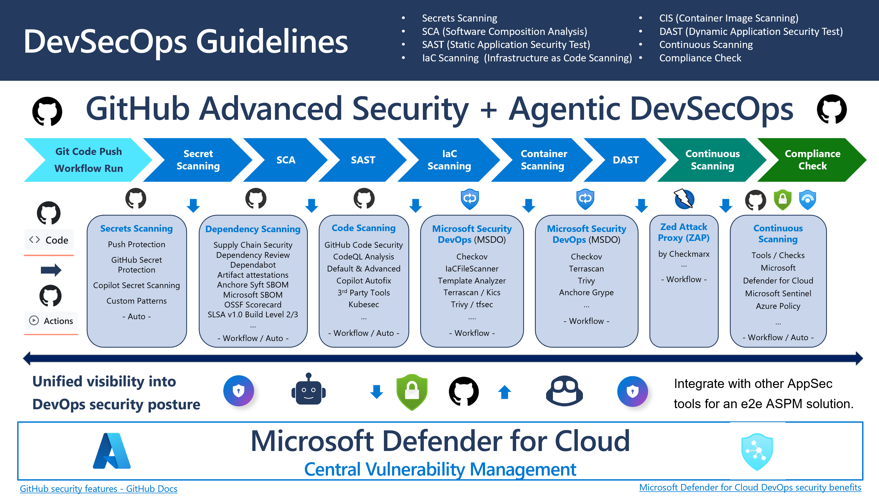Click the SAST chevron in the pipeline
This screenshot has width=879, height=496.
click(x=363, y=160)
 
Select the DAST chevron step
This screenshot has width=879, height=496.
click(x=625, y=160)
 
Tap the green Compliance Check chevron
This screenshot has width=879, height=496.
click(x=812, y=160)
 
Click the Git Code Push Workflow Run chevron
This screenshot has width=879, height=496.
click(x=88, y=160)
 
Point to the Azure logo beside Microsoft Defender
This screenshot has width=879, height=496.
click(x=112, y=451)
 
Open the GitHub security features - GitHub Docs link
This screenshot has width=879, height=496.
click(x=99, y=488)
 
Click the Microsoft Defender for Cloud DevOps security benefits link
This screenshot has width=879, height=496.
click(x=750, y=487)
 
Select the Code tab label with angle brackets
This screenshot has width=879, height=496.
click(x=49, y=240)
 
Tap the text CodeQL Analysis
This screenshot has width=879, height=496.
click(x=363, y=256)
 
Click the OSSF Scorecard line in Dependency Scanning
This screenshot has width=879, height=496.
click(x=252, y=304)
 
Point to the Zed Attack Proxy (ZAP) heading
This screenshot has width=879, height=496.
click(x=684, y=232)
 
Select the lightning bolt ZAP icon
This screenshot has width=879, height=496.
click(x=684, y=199)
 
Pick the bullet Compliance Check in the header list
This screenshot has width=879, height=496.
click(x=700, y=58)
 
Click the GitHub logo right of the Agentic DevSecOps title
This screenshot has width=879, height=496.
click(x=832, y=109)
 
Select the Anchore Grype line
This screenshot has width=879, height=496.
click(x=586, y=292)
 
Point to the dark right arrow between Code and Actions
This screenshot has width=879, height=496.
click(x=51, y=270)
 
